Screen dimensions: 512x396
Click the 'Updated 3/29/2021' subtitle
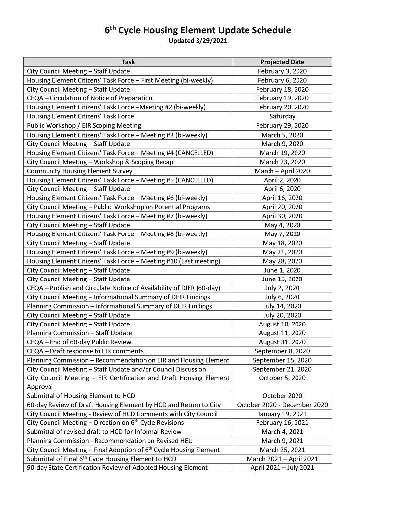[x=198, y=41]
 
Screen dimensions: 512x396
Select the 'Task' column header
[x=128, y=62]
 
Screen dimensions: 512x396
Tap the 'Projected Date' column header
[x=282, y=62]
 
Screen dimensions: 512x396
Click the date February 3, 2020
[x=282, y=71]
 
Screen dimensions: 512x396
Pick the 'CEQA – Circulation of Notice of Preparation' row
[x=90, y=98]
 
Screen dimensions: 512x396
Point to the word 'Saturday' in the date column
[x=282, y=116]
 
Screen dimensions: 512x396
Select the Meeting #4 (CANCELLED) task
[x=120, y=153]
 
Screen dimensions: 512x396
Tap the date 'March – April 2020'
[x=282, y=171]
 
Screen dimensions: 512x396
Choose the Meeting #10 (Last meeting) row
[x=123, y=261]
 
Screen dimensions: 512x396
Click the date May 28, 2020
[x=282, y=261]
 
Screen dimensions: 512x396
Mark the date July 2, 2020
[x=282, y=288]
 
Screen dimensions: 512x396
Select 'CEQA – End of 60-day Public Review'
[x=79, y=342]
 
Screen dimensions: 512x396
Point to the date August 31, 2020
[x=282, y=342]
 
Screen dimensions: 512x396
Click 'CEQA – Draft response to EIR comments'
[x=85, y=351]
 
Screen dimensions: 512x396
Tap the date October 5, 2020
[x=282, y=378]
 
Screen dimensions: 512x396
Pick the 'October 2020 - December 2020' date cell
[x=282, y=405]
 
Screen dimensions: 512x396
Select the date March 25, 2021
[x=282, y=450]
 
